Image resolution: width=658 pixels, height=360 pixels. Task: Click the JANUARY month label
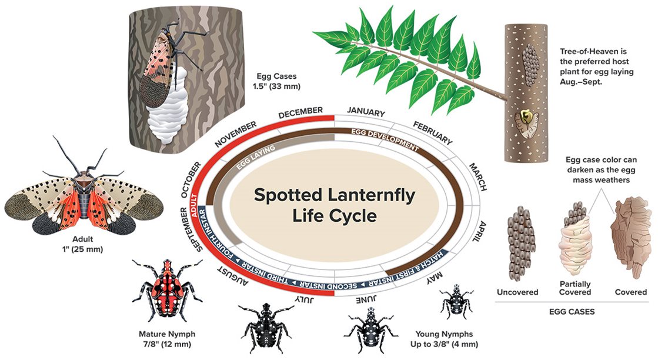[365, 112]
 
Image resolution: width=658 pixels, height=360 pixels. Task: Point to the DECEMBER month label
[300, 112]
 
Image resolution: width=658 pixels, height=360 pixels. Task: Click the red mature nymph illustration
[164, 291]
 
